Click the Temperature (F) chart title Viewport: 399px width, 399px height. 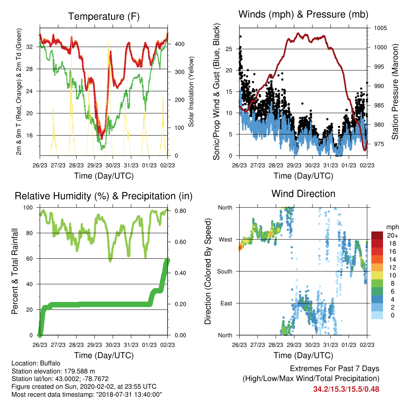(104, 16)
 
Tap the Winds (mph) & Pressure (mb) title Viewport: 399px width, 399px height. (303, 14)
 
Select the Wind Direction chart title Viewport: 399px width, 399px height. (303, 194)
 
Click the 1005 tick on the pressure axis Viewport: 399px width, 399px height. (380, 28)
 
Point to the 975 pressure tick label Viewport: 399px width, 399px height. (379, 144)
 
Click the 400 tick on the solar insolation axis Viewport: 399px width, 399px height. (179, 44)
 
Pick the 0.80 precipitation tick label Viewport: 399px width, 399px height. (180, 211)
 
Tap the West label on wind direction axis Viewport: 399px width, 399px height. (226, 240)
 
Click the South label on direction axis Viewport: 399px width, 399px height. (225, 272)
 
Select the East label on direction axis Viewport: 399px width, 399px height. (226, 303)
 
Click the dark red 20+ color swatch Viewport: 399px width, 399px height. (377, 235)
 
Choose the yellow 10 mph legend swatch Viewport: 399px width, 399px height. (377, 275)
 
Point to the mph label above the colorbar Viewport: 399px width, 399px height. (392, 227)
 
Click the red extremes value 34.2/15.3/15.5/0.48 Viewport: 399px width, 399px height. (346, 389)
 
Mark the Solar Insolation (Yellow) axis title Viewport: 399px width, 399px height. (191, 92)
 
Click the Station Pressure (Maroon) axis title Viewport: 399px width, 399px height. (395, 92)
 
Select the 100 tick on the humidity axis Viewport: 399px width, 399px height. (28, 208)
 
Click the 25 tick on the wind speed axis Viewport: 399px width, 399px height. (229, 49)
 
